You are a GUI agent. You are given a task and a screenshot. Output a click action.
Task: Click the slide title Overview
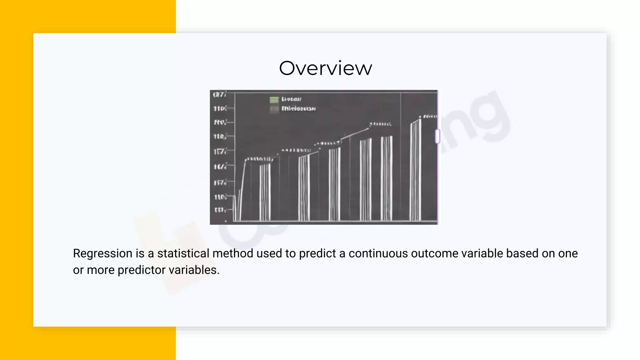325,68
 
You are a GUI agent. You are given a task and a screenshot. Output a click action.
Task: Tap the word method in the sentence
233,253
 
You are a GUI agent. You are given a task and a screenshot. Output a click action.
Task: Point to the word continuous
378,253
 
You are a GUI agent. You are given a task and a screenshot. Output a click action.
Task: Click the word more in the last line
100,270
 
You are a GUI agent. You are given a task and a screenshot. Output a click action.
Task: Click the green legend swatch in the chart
274,100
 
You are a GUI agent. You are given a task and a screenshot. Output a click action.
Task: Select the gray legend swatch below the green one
274,109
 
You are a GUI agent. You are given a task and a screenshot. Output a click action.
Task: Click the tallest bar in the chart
416,170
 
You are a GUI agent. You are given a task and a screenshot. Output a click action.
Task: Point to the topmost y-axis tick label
219,94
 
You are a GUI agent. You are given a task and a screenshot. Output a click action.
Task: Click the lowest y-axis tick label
219,210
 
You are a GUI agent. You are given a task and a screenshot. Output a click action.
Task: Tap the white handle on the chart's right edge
437,136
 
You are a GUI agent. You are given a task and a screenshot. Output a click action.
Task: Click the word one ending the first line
568,253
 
